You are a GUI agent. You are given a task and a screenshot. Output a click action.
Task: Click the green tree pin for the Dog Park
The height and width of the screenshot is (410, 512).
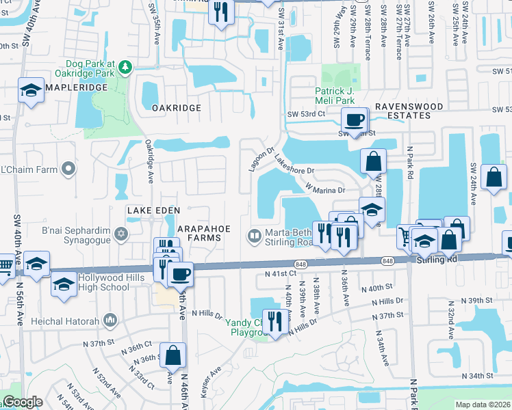click(125, 66)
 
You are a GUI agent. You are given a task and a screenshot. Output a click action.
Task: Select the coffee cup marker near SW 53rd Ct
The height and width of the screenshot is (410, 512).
click(354, 121)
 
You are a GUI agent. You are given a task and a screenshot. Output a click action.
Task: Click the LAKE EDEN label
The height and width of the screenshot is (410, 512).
click(153, 210)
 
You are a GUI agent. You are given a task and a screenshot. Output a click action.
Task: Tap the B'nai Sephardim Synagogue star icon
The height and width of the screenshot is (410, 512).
click(121, 234)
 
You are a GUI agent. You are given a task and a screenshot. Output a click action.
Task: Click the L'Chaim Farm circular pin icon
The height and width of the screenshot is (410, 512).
click(67, 168)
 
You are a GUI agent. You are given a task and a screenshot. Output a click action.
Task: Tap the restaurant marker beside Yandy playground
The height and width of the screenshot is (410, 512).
click(275, 320)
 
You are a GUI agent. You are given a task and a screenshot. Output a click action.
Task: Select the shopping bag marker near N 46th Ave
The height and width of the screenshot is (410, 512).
click(172, 355)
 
